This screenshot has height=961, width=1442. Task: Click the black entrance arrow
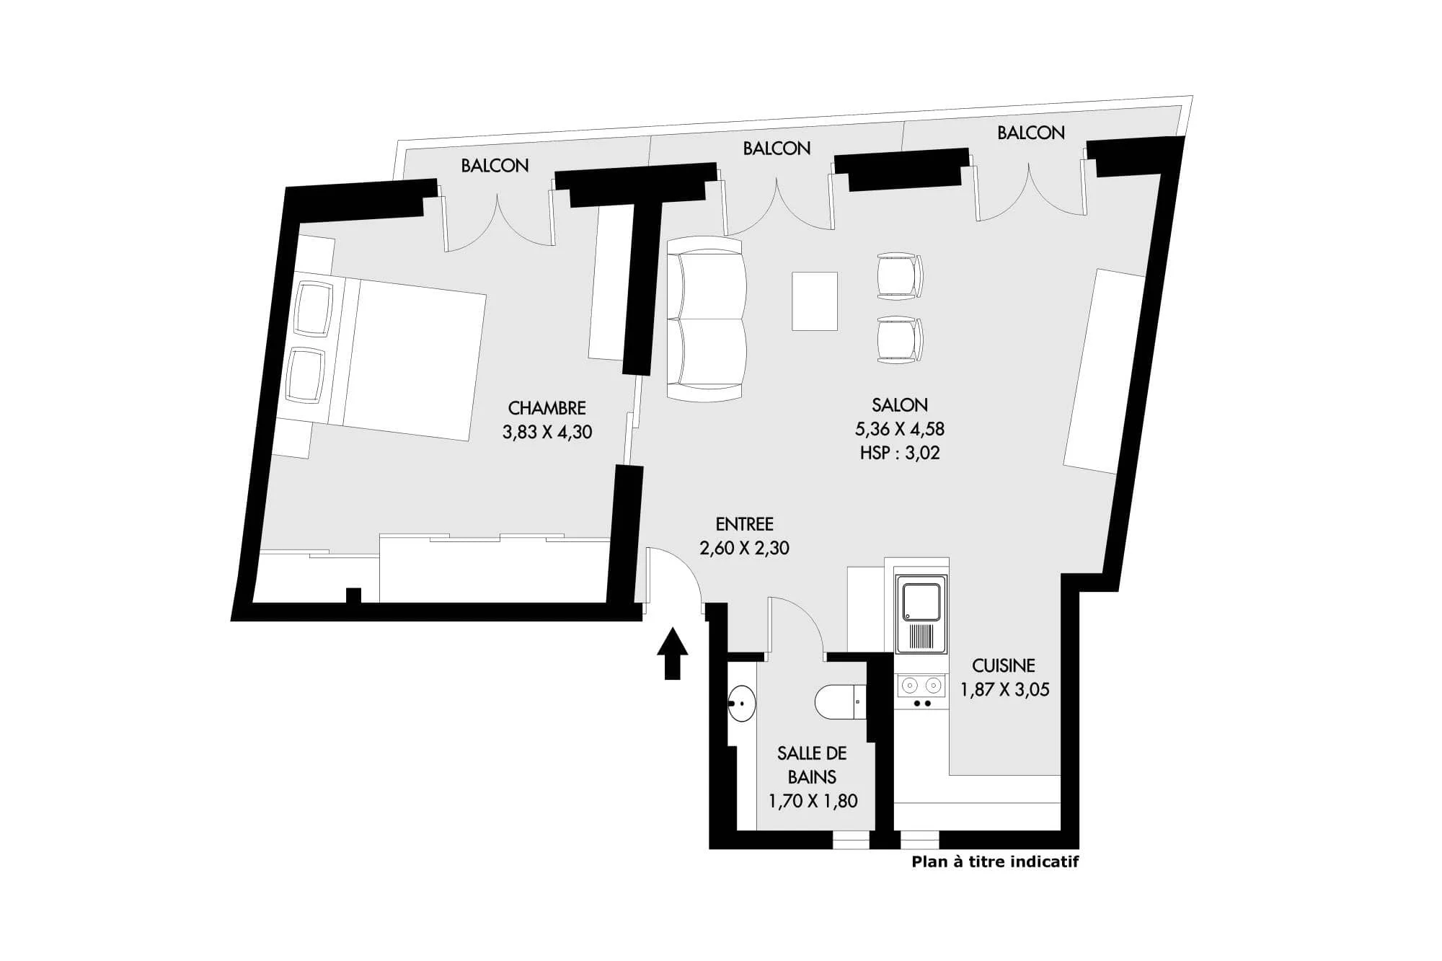click(672, 653)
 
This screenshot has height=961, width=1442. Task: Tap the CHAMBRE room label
click(547, 408)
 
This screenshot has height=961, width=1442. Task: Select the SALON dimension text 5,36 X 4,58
click(900, 429)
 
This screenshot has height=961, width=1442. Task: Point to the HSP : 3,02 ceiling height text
click(900, 453)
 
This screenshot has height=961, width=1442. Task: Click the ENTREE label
click(745, 524)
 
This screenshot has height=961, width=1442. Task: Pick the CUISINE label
click(1004, 665)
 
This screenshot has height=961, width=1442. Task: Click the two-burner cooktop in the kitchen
click(921, 691)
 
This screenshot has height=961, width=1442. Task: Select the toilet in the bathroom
click(841, 701)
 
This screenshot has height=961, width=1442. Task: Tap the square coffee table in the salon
click(815, 301)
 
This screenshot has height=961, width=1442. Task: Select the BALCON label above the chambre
click(495, 166)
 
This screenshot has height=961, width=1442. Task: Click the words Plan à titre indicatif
click(995, 862)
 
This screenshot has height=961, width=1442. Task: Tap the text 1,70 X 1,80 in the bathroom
click(813, 801)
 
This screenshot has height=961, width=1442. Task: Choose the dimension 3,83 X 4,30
click(547, 432)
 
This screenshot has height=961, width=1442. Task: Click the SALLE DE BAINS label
click(812, 765)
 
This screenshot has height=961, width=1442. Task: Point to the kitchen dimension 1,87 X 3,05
click(1004, 689)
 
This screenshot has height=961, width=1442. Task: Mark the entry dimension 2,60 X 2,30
click(745, 548)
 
